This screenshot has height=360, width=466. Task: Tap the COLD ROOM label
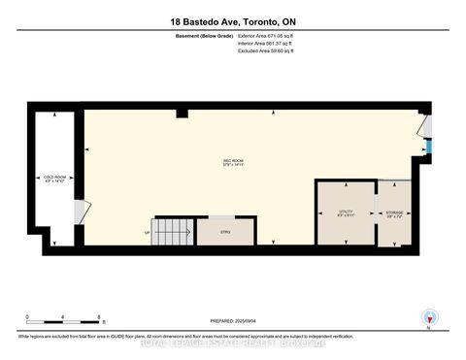55,179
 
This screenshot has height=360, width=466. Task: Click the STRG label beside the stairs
225,233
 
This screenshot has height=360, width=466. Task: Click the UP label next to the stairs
148,233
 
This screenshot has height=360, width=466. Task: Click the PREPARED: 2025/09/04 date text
232,321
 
